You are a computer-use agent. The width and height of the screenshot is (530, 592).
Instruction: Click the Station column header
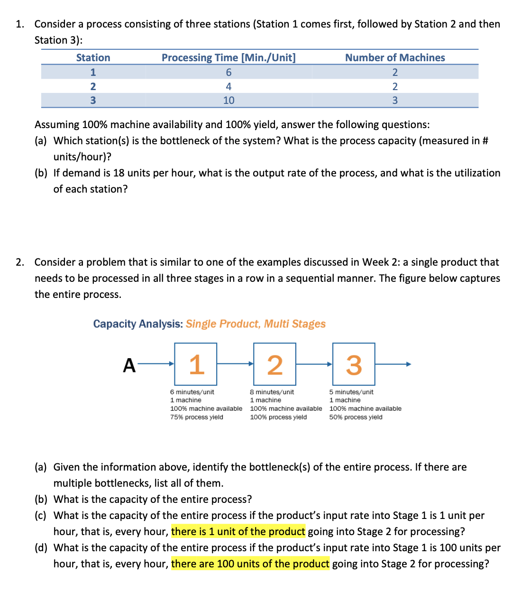click(93, 57)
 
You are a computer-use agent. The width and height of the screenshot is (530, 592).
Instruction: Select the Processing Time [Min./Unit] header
click(228, 57)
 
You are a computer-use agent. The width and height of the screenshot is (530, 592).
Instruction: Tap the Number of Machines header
click(395, 57)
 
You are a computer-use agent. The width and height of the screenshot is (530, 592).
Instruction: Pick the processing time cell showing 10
click(228, 100)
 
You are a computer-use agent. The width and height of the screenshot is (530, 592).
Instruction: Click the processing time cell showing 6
click(228, 72)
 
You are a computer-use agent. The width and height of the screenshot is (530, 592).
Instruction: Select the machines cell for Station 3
click(395, 100)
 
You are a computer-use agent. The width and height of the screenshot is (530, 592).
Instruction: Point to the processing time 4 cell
click(228, 86)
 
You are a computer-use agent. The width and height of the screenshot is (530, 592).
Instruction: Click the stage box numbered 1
click(196, 364)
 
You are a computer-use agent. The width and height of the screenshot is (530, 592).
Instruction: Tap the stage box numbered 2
click(275, 364)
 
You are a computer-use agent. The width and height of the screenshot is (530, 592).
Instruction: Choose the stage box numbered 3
click(354, 364)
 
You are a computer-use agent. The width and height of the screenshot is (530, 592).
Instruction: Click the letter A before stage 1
click(129, 366)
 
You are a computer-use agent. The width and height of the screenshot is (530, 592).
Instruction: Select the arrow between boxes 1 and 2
click(235, 364)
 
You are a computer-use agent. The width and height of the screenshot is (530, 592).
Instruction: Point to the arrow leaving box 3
click(393, 364)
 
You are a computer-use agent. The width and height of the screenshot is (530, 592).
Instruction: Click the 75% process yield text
click(197, 417)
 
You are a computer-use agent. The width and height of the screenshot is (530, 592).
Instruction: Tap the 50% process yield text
click(356, 417)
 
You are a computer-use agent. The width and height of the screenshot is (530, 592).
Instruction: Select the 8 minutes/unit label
click(272, 392)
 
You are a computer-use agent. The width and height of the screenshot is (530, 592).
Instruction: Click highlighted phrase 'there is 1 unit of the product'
click(238, 531)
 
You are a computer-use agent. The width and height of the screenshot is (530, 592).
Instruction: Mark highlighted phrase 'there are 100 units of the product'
click(250, 564)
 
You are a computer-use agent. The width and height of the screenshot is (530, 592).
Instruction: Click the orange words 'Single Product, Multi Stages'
click(256, 324)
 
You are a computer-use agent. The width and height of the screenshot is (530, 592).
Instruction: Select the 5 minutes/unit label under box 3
click(351, 392)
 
